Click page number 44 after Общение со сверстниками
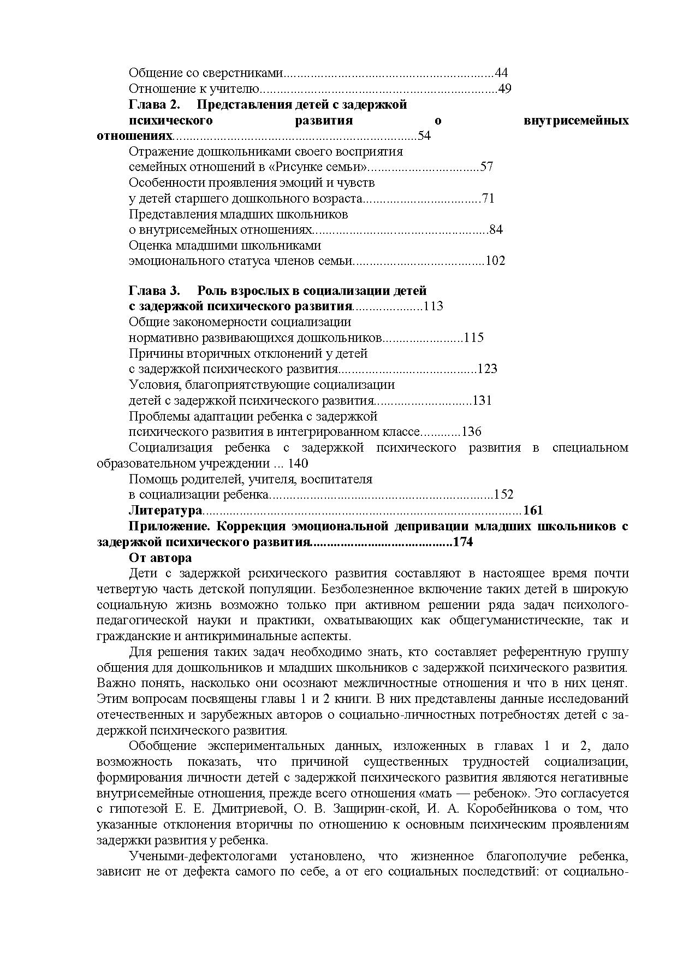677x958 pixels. coord(501,73)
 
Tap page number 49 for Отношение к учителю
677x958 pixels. coord(504,89)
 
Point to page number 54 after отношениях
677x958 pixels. coord(424,136)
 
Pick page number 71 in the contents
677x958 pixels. coord(488,199)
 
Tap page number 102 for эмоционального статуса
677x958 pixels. coord(495,261)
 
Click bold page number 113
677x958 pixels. coord(433,306)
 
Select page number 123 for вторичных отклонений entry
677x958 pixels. coord(487,369)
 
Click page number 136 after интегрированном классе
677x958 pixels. coord(472,432)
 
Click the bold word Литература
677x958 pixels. coord(165,511)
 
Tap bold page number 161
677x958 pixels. coord(533,511)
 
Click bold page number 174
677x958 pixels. coord(462,543)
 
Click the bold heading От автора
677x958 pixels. coord(160,558)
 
